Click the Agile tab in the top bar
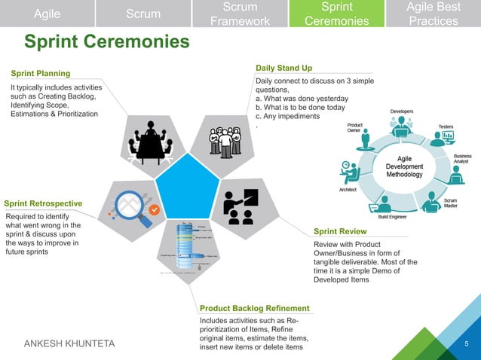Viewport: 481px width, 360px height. point(47,14)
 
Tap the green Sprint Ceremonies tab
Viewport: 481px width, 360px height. point(336,14)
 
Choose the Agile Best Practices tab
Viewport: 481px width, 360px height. point(433,14)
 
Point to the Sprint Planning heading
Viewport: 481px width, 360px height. point(41,73)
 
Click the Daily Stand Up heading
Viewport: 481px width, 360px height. point(283,69)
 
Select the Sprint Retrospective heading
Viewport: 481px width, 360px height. point(43,203)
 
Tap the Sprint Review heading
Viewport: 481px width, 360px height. point(340,231)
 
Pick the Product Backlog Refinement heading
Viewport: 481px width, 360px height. point(254,308)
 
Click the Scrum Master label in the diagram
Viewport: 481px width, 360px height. point(450,203)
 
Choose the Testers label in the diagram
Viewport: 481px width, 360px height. point(446,127)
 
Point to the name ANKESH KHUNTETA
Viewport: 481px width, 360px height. point(70,344)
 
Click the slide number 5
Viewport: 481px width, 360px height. point(467,345)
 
